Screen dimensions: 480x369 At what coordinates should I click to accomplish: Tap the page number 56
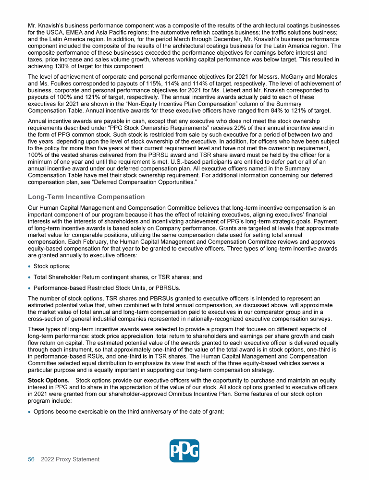31,459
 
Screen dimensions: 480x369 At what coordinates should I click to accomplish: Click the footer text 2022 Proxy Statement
70,459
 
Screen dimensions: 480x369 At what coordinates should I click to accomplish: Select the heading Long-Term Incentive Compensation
86,197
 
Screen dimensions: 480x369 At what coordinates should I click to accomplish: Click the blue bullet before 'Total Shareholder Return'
30,277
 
